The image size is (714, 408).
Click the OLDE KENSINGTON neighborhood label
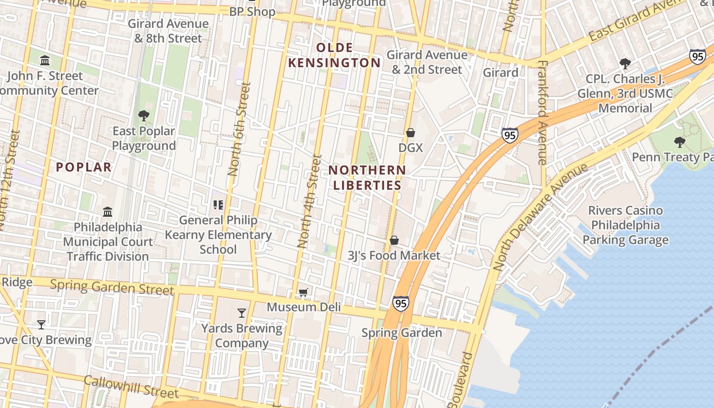[334, 55]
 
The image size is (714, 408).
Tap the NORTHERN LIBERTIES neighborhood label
[367, 177]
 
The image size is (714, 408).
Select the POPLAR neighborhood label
[84, 167]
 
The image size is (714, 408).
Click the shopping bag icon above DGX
[411, 133]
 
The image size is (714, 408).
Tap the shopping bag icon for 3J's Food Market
[394, 240]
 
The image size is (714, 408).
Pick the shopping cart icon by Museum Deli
[303, 293]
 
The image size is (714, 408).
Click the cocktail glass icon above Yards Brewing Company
[242, 313]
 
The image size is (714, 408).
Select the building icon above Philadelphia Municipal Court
[108, 212]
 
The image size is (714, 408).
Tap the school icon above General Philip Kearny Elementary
[218, 205]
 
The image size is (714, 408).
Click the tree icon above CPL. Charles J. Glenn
[625, 64]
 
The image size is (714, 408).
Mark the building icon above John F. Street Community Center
[45, 61]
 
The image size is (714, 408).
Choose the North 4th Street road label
[310, 201]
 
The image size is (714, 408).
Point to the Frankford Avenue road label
[542, 112]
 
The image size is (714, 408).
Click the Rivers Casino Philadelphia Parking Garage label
[625, 225]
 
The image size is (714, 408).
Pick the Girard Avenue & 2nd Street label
[427, 62]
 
